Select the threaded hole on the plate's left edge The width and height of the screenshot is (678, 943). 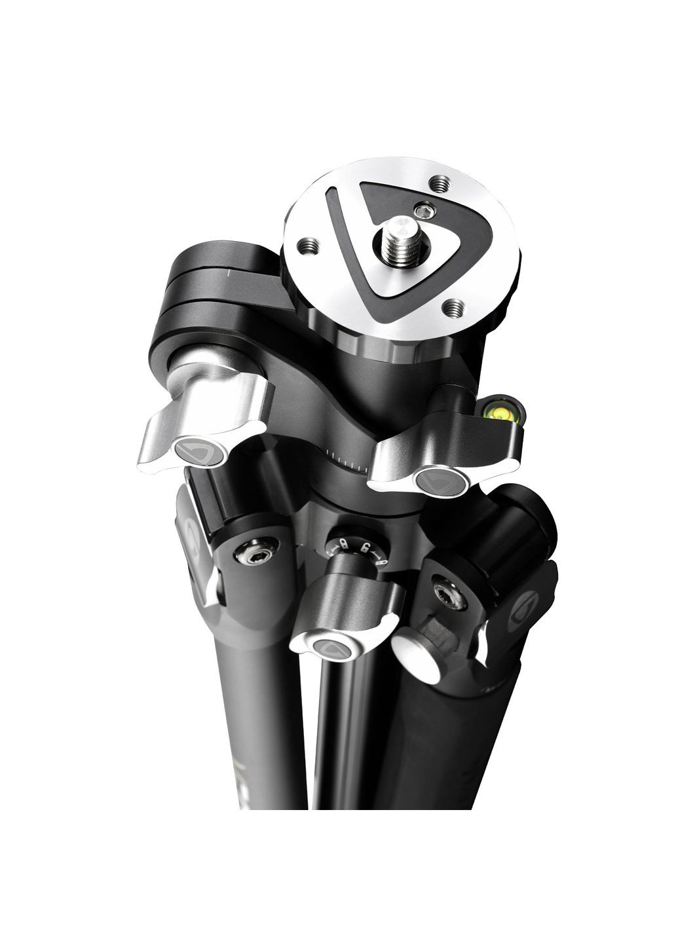(x=308, y=246)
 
